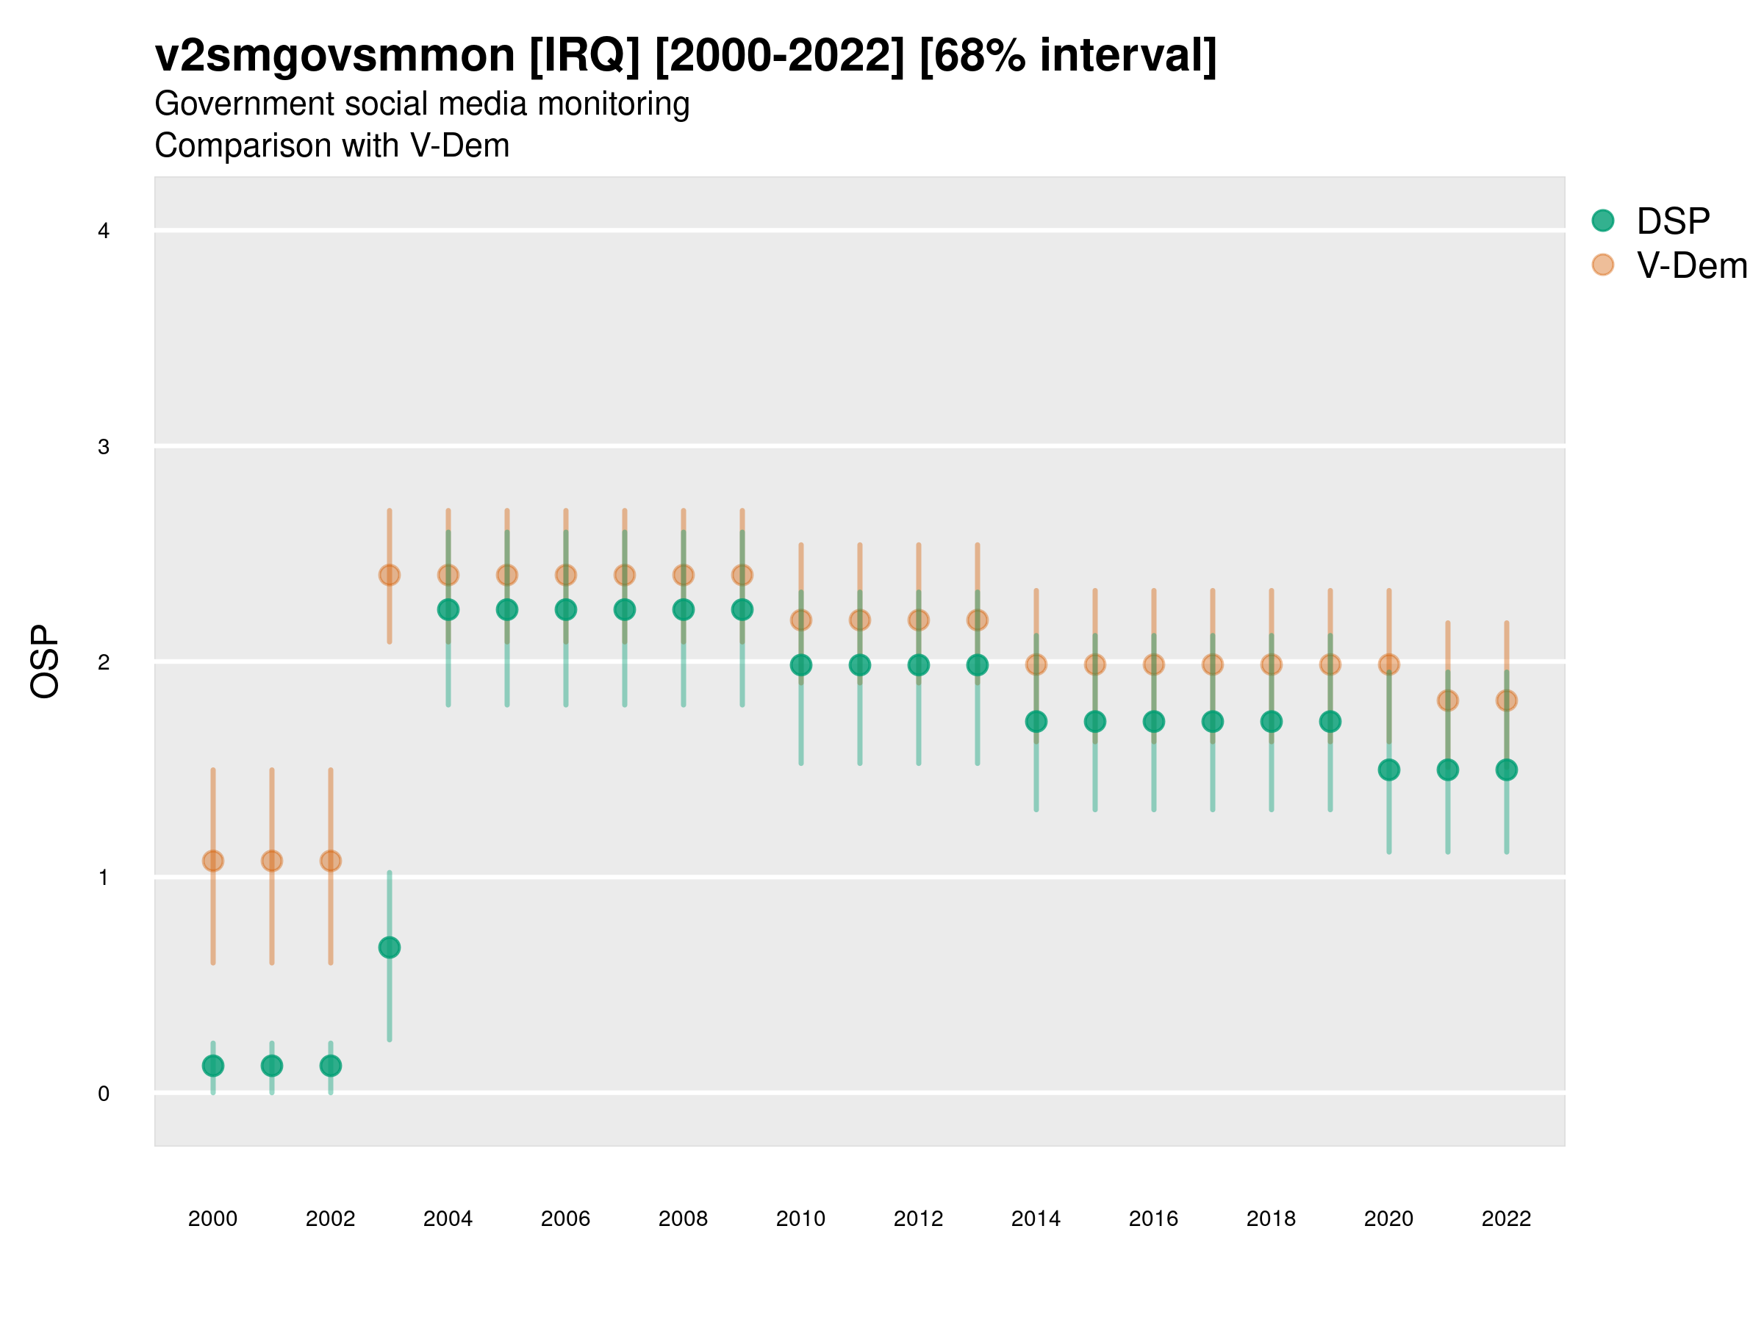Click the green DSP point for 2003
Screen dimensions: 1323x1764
389,947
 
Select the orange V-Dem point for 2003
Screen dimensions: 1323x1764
389,575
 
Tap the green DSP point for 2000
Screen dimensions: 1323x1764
213,1066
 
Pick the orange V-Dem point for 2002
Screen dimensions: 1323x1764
330,861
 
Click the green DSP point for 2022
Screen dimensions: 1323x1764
1507,770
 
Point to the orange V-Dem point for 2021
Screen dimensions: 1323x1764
1447,700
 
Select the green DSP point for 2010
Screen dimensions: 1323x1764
800,665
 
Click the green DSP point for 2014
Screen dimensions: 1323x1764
1036,722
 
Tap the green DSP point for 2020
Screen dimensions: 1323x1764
1388,770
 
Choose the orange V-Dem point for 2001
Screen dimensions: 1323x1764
272,861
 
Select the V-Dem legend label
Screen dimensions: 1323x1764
1691,265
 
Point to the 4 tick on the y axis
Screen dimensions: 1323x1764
104,232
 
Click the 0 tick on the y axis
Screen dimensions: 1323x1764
104,1094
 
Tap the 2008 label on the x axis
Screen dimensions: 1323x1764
683,1219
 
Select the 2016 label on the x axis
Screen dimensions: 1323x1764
1153,1219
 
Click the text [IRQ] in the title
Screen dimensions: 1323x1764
584,56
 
